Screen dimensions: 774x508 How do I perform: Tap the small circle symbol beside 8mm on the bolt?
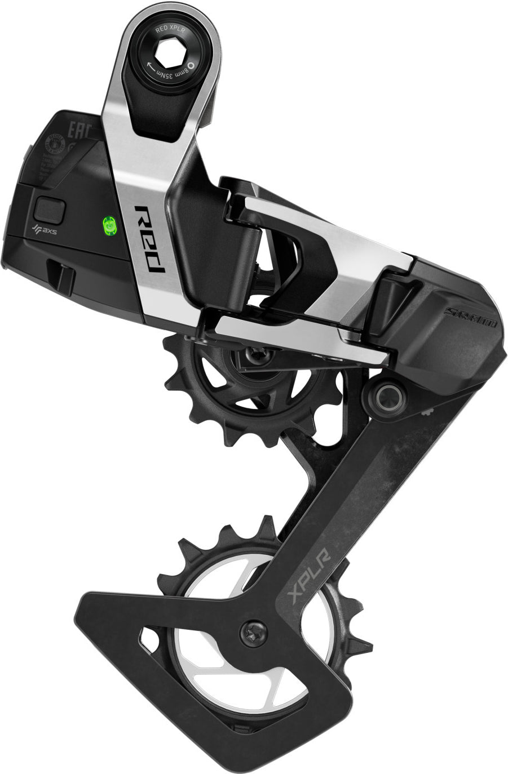pyautogui.click(x=191, y=65)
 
